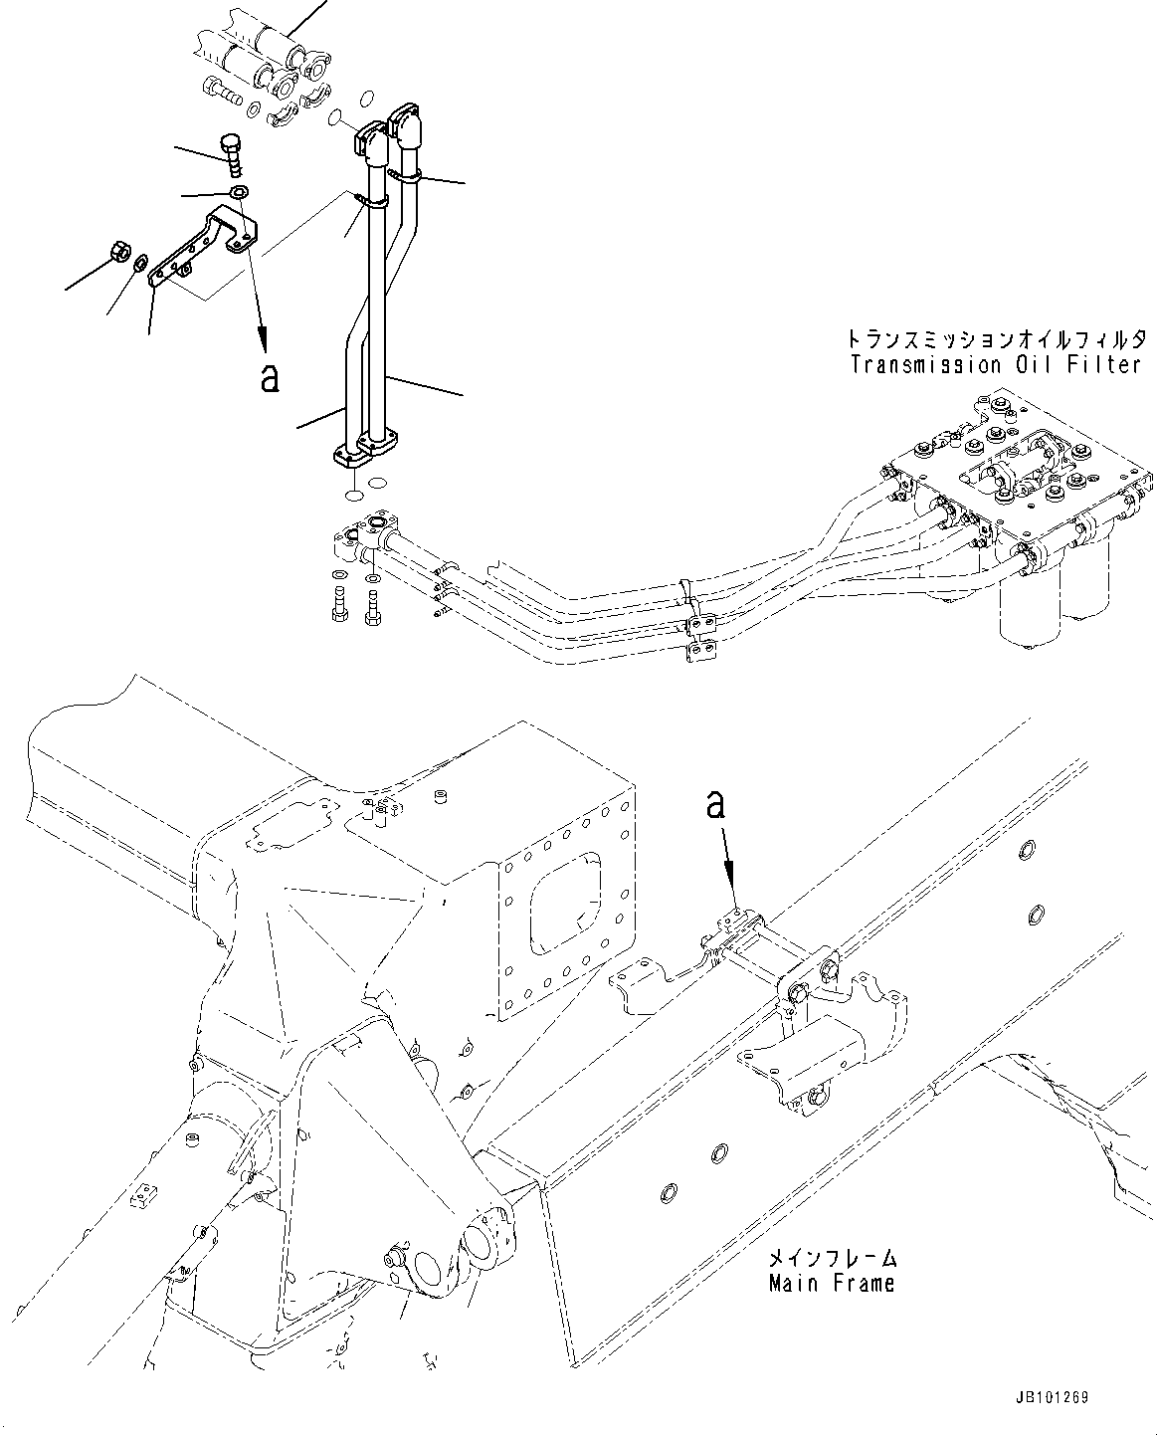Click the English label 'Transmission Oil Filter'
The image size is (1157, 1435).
996,364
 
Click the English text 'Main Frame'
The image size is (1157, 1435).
832,1283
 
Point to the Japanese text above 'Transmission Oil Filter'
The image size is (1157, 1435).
996,338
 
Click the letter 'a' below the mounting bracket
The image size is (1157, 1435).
269,377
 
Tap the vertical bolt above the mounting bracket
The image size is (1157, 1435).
233,153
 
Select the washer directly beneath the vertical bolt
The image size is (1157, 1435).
239,192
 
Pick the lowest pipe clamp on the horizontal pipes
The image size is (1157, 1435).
700,653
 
